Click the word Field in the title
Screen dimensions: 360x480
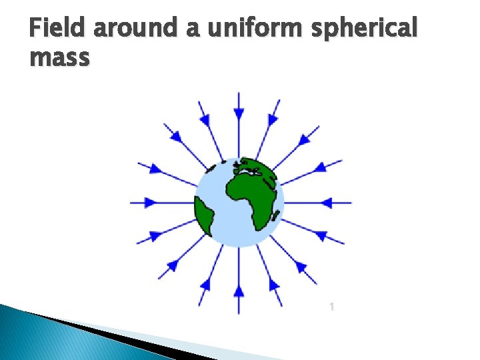(x=59, y=29)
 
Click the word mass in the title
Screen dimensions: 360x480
(x=59, y=58)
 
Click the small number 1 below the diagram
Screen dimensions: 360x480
(x=331, y=306)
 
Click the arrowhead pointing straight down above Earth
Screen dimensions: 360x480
(x=239, y=117)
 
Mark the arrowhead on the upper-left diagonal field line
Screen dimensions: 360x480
(x=177, y=137)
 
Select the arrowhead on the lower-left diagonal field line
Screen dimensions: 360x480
(x=172, y=266)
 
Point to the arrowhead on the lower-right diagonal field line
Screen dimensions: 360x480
(x=301, y=266)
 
